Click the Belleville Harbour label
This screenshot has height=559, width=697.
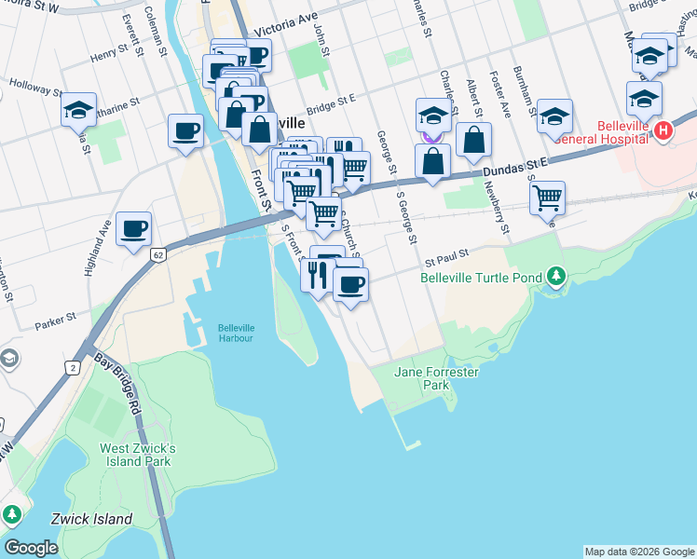[236, 333]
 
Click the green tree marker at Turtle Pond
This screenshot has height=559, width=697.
[556, 276]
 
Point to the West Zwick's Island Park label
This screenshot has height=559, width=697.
[137, 455]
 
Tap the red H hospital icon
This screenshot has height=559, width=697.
[663, 130]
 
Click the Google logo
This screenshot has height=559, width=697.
[31, 548]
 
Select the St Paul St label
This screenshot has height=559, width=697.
[445, 252]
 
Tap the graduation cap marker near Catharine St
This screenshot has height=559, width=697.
[79, 109]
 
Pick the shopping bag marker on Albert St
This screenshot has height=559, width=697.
[473, 140]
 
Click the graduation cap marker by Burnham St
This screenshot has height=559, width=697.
[554, 116]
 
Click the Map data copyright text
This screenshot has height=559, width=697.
[638, 552]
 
